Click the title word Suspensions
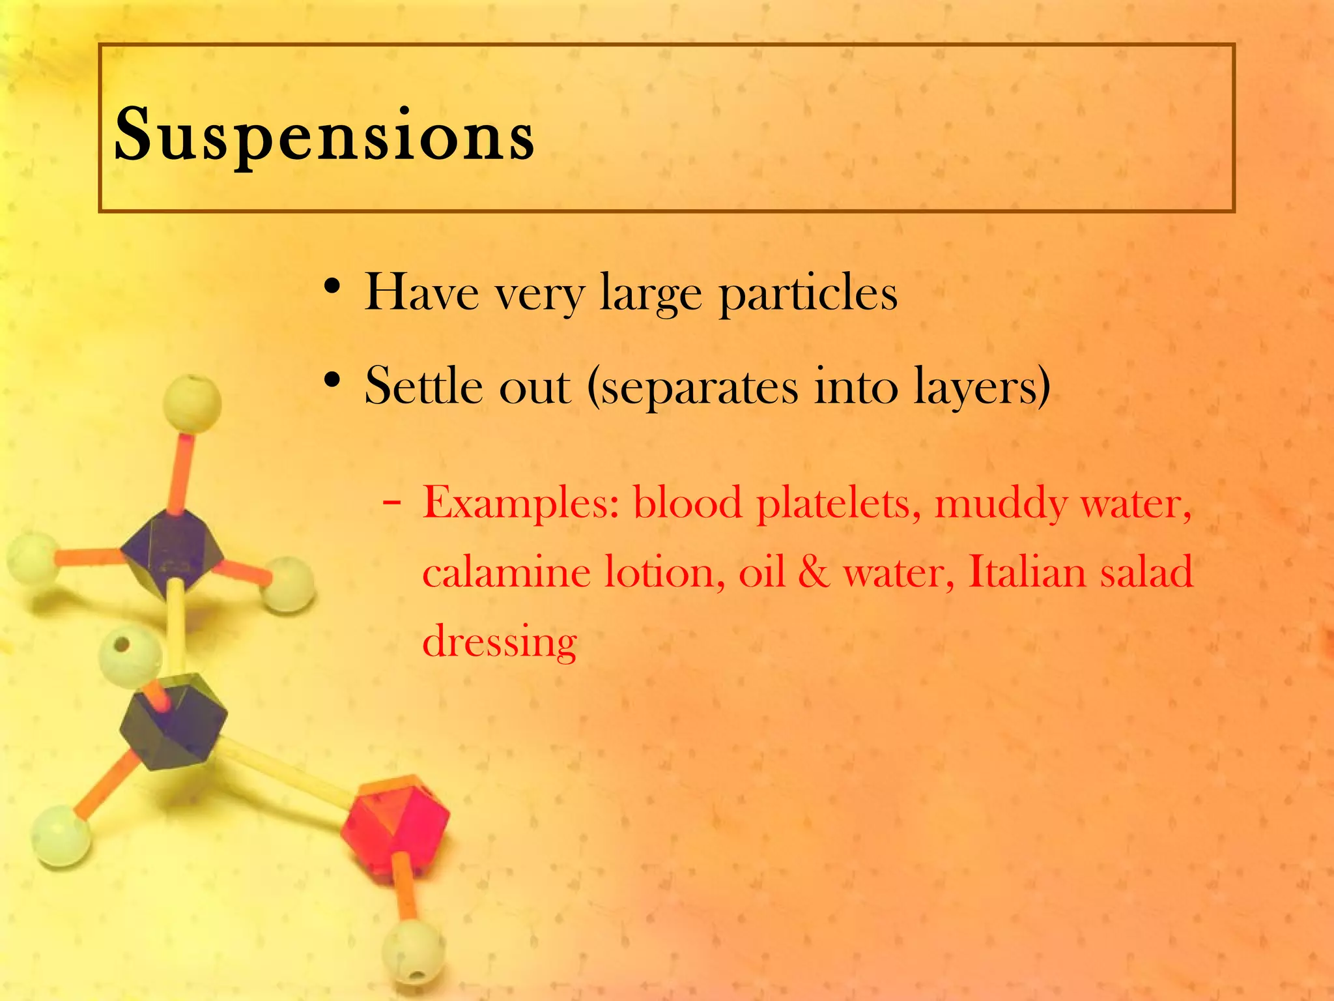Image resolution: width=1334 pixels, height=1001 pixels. [x=324, y=136]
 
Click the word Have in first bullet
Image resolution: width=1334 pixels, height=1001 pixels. [x=422, y=293]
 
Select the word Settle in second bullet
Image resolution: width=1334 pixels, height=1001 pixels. [x=424, y=386]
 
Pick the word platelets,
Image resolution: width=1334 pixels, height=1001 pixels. [x=839, y=504]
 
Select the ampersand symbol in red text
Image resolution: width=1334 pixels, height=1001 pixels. [x=814, y=573]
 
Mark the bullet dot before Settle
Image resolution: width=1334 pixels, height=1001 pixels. [x=332, y=381]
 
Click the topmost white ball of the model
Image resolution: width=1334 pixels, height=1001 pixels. [x=192, y=403]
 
